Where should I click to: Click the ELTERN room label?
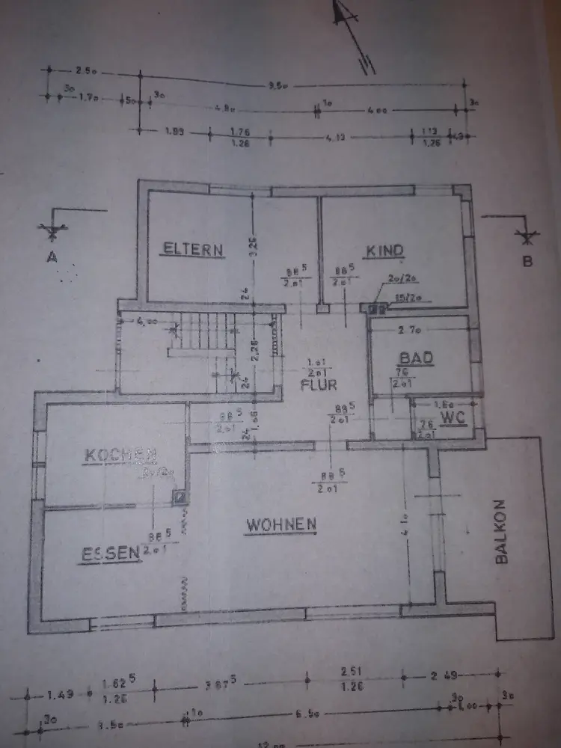pyautogui.click(x=193, y=249)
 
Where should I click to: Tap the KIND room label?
pyautogui.click(x=384, y=251)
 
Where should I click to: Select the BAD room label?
pyautogui.click(x=416, y=358)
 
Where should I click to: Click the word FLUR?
pyautogui.click(x=319, y=386)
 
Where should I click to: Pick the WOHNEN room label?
pyautogui.click(x=281, y=525)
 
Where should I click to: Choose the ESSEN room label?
pyautogui.click(x=111, y=554)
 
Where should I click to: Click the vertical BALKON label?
pyautogui.click(x=502, y=531)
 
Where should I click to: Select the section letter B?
pyautogui.click(x=527, y=260)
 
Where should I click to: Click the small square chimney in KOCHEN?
pyautogui.click(x=180, y=495)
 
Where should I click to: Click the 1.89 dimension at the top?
pyautogui.click(x=175, y=131)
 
